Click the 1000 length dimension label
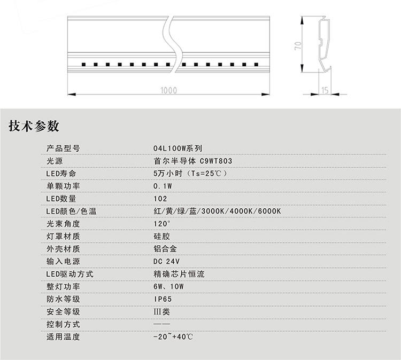pyautogui.click(x=168, y=90)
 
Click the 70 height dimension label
pyautogui.click(x=298, y=45)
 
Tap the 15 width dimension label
pyautogui.click(x=325, y=90)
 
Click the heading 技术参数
pyautogui.click(x=34, y=126)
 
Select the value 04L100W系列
pyautogui.click(x=178, y=148)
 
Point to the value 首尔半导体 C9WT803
pyautogui.click(x=193, y=161)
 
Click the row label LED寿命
pyautogui.click(x=61, y=174)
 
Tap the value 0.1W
pyautogui.click(x=163, y=186)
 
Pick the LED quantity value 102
pyautogui.click(x=160, y=199)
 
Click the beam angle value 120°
pyautogui.click(x=161, y=224)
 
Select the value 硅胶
pyautogui.click(x=161, y=236)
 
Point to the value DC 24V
pyautogui.click(x=166, y=261)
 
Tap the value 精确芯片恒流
pyautogui.click(x=179, y=274)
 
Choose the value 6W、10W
pyautogui.click(x=168, y=286)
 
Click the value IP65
pyautogui.click(x=163, y=299)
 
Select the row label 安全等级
pyautogui.click(x=63, y=312)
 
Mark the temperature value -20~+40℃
pyautogui.click(x=173, y=336)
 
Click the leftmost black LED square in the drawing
pyautogui.click(x=83, y=65)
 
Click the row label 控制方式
pyautogui.click(x=63, y=324)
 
